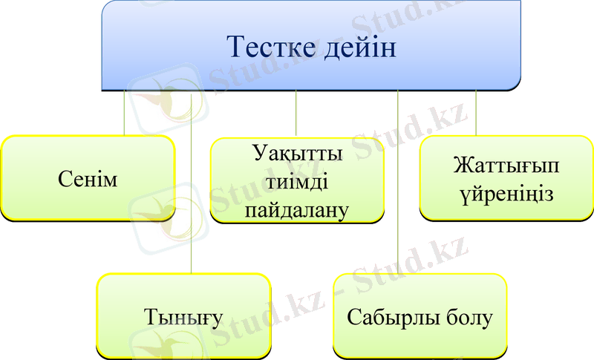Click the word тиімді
coord(297,182)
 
